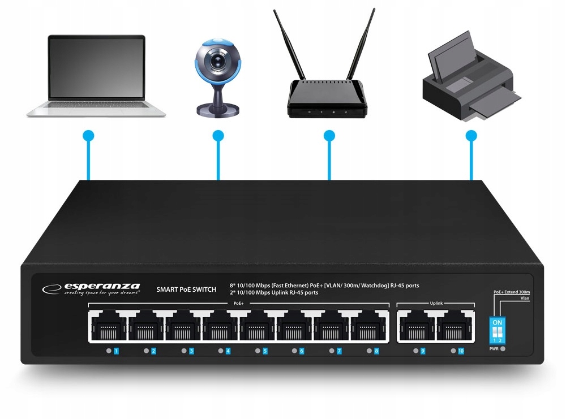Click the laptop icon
click(96, 76)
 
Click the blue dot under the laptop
click(88, 136)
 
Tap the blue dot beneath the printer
click(471, 136)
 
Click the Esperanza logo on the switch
click(91, 289)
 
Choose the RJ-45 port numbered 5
click(258, 327)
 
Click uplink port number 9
click(416, 327)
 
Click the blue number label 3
click(191, 351)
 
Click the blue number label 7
click(339, 351)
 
